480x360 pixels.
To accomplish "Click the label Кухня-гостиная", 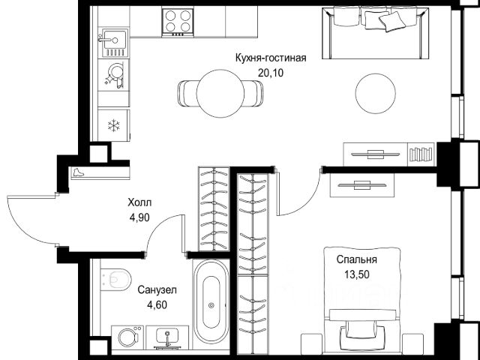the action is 271,58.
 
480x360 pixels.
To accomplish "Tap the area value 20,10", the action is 271,73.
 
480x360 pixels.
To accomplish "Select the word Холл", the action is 139,202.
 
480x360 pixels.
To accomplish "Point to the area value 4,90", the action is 139,217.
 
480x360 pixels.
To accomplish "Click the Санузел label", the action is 157,290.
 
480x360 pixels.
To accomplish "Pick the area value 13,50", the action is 357,274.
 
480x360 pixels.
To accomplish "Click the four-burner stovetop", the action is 178,22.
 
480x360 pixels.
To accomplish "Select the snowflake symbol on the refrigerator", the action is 113,125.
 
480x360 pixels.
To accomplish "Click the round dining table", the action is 220,93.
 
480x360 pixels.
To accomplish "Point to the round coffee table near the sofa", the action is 375,93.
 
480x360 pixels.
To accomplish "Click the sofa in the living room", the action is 375,32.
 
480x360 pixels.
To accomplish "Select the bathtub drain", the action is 211,305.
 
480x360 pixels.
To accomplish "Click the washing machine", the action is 127,337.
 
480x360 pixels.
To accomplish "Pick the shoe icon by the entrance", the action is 78,172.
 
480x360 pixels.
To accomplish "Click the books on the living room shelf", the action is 421,154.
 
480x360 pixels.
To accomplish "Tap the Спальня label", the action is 357,259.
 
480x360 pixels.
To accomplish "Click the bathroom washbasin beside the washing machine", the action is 167,337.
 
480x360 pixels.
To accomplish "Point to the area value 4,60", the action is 157,305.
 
